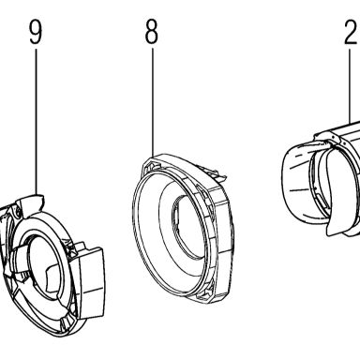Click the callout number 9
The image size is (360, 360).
pyautogui.click(x=36, y=33)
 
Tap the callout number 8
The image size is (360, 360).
pyautogui.click(x=152, y=33)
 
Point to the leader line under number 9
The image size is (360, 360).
pyautogui.click(x=37, y=121)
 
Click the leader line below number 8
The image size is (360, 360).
pyautogui.click(x=153, y=102)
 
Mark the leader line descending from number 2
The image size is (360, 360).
pyautogui.click(x=350, y=84)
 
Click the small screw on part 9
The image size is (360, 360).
pyautogui.click(x=18, y=213)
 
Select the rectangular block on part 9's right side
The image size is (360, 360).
pyautogui.click(x=90, y=283)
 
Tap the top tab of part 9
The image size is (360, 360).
pyautogui.click(x=34, y=201)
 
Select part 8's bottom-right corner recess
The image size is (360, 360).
pyautogui.click(x=206, y=289)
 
